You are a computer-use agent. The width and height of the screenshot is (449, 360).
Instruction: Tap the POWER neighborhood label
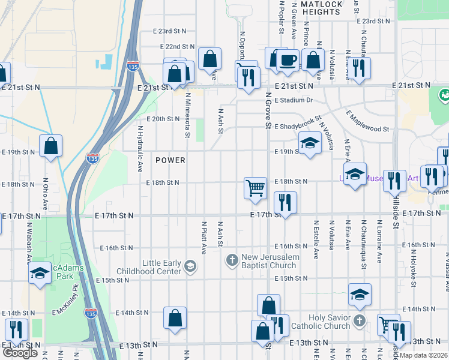170,160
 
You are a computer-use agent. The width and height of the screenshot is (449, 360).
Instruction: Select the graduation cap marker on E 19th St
309,143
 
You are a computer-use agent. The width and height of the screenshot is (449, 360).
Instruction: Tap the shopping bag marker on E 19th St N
51,145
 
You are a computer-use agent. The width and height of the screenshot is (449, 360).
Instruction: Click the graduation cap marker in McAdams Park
40,273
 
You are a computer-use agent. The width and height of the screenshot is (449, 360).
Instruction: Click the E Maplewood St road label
367,121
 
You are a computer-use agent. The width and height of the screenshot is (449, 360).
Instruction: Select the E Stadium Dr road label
294,100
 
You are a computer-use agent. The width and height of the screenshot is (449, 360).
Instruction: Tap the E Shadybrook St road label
298,123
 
